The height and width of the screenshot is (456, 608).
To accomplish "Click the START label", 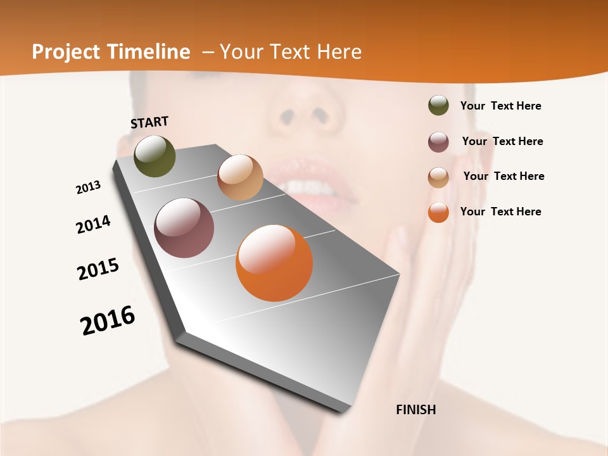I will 149,122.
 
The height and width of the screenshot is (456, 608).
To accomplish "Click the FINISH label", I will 416,410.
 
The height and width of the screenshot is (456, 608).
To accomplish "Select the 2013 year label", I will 88,187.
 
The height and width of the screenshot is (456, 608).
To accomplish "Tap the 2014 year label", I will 93,225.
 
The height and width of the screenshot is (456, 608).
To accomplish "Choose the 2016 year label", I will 108,320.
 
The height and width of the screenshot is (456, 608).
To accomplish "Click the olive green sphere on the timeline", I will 155,156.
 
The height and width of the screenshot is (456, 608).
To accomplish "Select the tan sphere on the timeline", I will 240,177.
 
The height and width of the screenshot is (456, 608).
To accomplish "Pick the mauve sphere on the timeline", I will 184,228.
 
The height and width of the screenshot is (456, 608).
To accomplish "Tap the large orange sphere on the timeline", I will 274,263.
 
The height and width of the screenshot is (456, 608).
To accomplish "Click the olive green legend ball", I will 438,106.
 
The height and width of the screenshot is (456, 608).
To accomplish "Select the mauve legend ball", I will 438,142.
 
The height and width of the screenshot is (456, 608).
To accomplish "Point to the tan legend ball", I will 438,177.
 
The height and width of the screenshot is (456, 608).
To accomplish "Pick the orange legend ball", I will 438,212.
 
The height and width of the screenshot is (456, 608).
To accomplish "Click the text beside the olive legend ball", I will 500,106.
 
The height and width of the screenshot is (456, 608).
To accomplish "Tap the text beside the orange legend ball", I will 500,212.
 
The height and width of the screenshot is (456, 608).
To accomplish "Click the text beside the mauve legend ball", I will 502,141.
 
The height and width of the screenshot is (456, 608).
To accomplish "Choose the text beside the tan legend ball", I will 503,176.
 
